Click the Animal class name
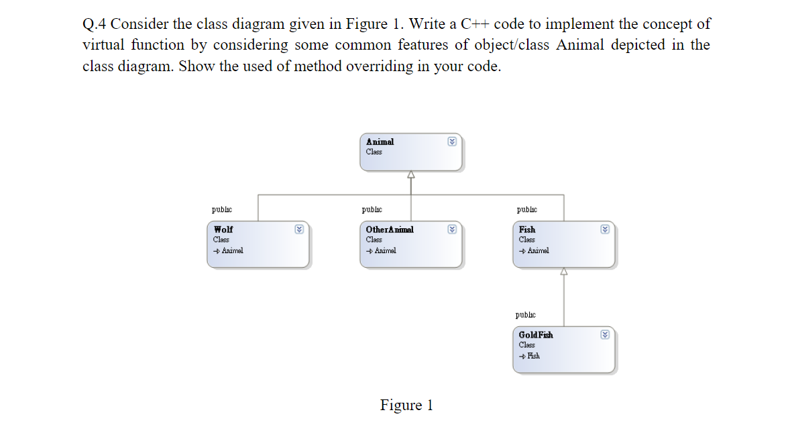coord(380,142)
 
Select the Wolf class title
coord(223,230)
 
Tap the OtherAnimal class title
coord(390,230)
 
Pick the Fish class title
coord(527,230)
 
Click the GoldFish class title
coord(536,335)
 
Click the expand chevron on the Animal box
coord(452,142)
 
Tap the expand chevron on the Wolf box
coord(299,229)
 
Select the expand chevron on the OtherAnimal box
coord(452,229)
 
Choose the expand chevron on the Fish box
coord(605,229)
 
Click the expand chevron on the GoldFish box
coord(605,334)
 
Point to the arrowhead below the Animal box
coord(411,175)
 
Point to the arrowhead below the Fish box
coord(564,271)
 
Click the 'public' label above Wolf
coord(222,209)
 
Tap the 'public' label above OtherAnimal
coord(372,209)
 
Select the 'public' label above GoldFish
coord(526,315)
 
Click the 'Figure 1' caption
coord(406,405)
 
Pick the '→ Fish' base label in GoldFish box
coord(530,356)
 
